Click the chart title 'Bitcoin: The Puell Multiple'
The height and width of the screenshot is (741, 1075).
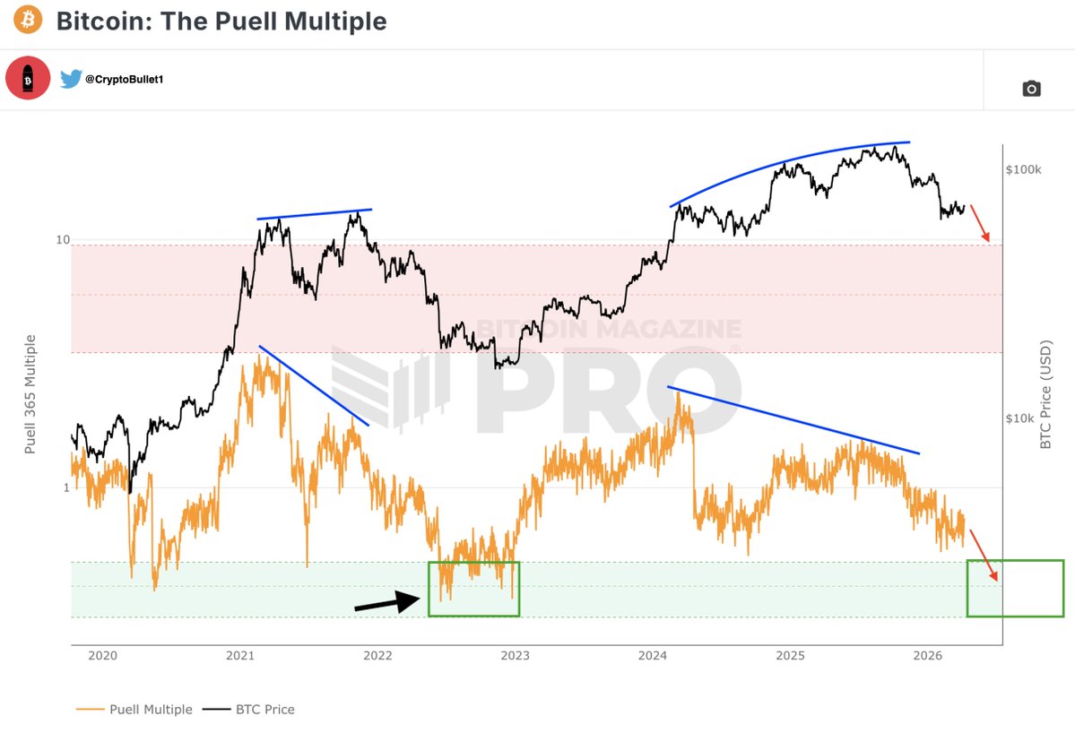point(221,22)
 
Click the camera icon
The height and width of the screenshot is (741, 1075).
point(1032,88)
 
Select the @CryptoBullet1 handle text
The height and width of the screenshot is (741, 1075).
point(125,80)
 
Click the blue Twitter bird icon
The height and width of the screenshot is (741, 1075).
point(71,80)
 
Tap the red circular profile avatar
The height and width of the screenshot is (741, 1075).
point(28,79)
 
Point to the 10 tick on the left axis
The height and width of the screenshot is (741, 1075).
point(62,240)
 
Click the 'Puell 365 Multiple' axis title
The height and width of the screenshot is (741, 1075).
point(30,394)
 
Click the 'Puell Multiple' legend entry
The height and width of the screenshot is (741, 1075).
point(134,710)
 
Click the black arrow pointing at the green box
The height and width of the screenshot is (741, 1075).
point(388,603)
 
